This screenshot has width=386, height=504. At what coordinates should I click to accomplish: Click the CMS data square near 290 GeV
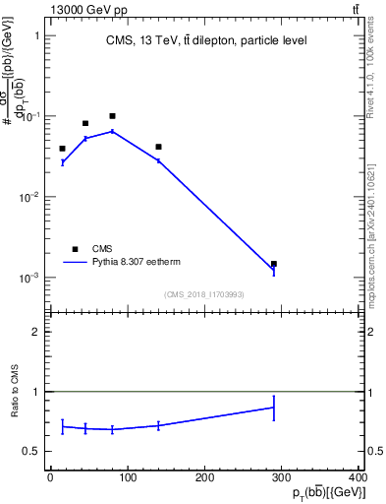coord(274,264)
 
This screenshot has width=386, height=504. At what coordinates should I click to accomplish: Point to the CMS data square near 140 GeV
coord(158,147)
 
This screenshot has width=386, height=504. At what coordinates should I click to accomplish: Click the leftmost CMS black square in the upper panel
coord(62,149)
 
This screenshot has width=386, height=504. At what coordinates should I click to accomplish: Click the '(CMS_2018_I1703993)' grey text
coord(204,293)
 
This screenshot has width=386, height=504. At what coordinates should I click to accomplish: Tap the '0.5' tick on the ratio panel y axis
coord(32,452)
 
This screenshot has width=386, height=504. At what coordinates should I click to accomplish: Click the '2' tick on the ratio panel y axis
coord(36,332)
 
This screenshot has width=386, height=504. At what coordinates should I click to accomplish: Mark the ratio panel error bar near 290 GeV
coord(274,408)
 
